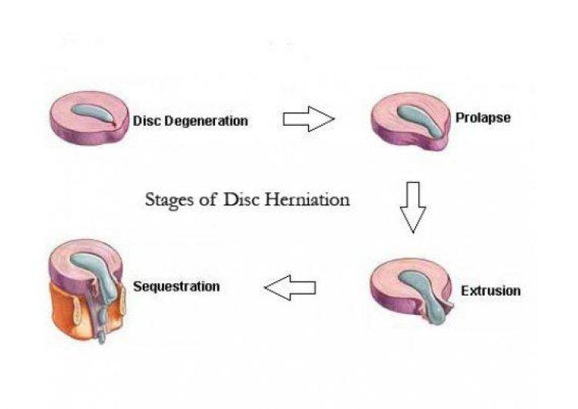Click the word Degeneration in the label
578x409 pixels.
pos(206,121)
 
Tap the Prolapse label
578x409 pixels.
pos(483,118)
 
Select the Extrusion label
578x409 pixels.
pos(491,291)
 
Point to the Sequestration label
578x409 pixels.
pos(176,286)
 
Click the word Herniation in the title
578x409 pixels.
pos(307,200)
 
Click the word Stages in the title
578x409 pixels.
pos(170,201)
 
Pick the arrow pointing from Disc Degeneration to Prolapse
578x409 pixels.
pos(309,119)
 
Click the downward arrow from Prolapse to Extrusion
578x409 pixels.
pos(413,208)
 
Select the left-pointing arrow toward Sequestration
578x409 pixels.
pos(290,288)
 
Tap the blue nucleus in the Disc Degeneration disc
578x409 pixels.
pos(94,113)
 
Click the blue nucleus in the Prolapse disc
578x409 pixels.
pos(420,121)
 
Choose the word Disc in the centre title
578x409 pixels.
pos(241,200)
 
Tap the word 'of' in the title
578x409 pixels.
pos(207,200)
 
